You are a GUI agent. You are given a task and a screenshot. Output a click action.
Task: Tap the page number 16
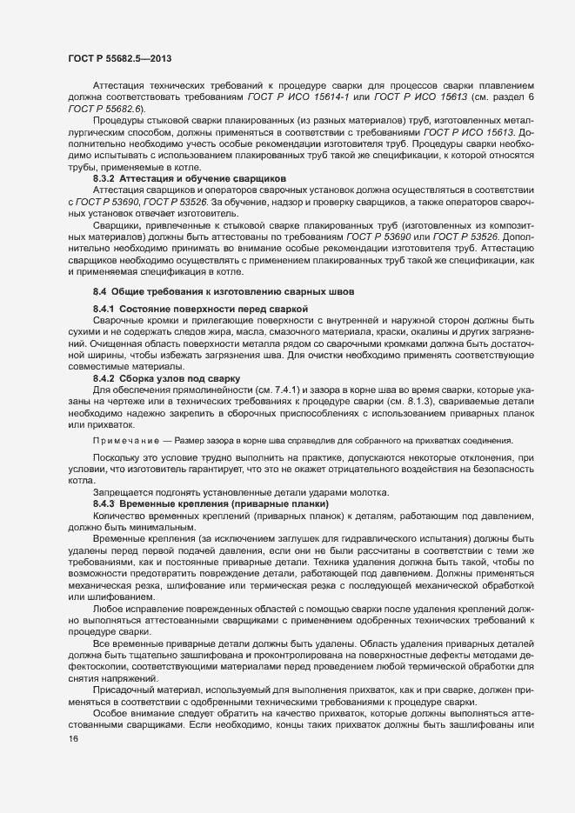[x=73, y=740]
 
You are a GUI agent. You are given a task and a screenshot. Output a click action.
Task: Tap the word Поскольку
[x=117, y=456]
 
